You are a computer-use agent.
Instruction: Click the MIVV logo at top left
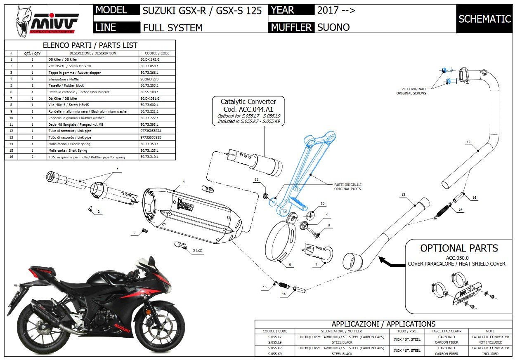point(46,21)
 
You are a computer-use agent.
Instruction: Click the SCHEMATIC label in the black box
point(484,19)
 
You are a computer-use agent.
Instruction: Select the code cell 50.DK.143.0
point(150,59)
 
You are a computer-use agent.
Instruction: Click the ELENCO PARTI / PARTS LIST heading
point(90,45)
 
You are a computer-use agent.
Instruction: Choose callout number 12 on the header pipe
point(468,142)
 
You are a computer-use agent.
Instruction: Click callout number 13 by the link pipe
point(403,194)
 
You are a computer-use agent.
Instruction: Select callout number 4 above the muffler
point(184,182)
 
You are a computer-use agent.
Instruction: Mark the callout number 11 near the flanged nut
point(256,180)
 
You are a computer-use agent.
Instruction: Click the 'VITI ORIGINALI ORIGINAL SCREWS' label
point(411,91)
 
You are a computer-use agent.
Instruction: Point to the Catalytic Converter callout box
point(248,111)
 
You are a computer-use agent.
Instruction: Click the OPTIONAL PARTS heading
point(459,248)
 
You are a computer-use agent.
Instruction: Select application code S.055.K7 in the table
point(274,348)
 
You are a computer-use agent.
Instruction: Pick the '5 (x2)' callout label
point(198,250)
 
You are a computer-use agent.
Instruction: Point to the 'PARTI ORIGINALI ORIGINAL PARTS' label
point(348,187)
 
